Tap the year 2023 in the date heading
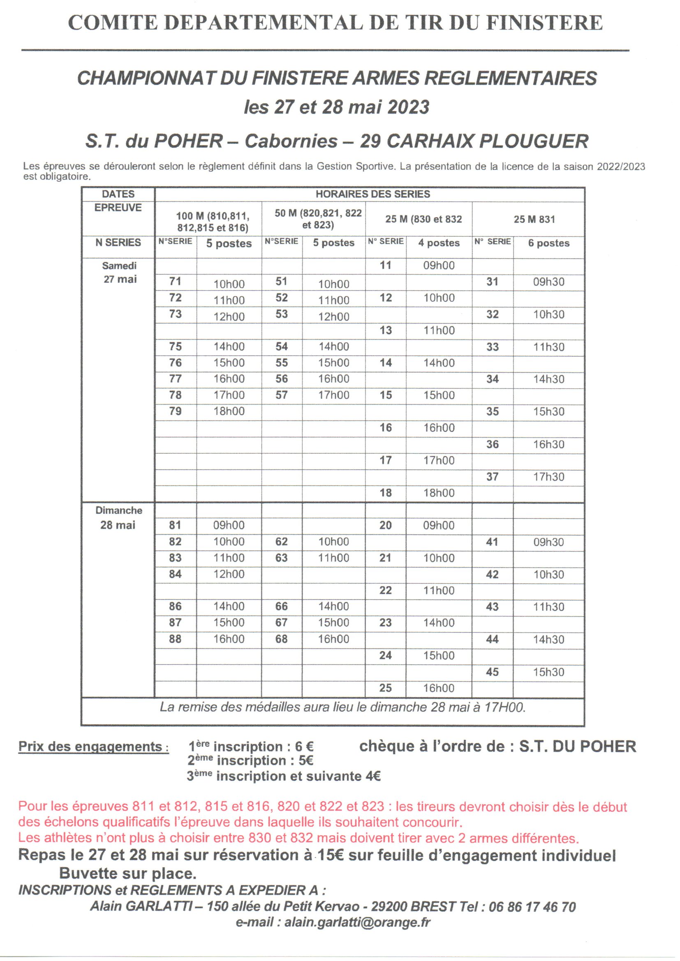coord(408,108)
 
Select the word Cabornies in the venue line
coord(291,141)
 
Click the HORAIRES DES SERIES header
coord(372,194)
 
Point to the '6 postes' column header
coord(548,243)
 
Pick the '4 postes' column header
coord(438,243)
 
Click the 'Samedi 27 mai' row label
coord(119,273)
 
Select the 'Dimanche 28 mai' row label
coord(118,517)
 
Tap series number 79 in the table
coord(175,411)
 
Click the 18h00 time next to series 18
coord(438,493)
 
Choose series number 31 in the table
coord(492,282)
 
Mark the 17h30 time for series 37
coord(548,477)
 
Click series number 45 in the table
coord(492,672)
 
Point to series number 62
coord(281,542)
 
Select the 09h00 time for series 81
coord(229,525)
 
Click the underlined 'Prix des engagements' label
coord(93,747)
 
